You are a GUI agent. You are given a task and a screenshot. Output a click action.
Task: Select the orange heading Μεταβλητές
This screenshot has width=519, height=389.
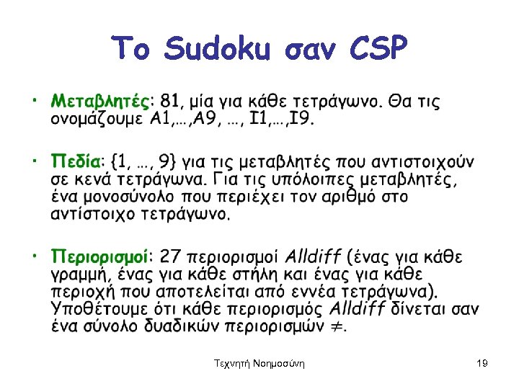click(102, 100)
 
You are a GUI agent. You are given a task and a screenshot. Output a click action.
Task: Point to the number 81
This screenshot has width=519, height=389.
click(170, 100)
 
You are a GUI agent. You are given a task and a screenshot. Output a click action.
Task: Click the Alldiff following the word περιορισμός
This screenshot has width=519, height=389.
click(358, 310)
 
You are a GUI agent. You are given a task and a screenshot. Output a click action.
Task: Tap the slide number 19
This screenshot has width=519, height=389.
click(482, 365)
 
